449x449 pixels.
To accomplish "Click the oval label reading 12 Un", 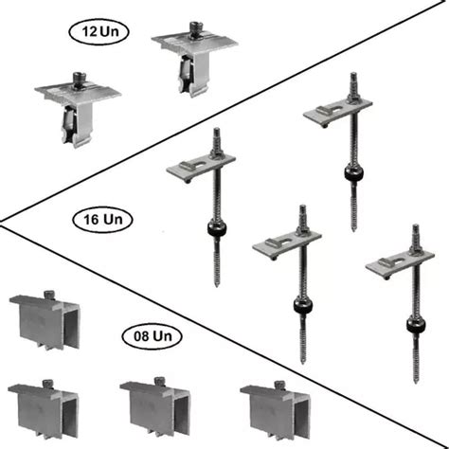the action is point(99,31).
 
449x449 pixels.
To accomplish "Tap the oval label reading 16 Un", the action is point(102,220).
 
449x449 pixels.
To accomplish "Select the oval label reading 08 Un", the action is point(152,336).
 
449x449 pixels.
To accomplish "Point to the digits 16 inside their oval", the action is point(91,220).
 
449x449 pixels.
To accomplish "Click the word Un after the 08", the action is point(162,336).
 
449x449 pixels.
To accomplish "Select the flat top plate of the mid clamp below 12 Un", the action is point(78,92).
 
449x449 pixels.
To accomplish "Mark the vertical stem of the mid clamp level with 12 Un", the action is point(193,74).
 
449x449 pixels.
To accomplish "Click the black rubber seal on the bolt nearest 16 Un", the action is point(217,229).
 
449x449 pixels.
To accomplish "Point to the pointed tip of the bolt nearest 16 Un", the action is point(217,285).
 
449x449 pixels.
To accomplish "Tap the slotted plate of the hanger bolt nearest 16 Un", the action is point(201,168).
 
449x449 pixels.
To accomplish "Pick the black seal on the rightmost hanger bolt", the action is point(416,325).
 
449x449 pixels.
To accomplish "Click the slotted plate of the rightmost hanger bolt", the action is point(400,264).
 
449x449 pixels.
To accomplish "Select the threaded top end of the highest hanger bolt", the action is point(353,82).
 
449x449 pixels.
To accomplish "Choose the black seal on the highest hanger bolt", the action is point(353,173).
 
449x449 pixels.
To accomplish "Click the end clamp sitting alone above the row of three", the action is point(45,320).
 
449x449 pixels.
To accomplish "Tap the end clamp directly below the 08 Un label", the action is point(155,408).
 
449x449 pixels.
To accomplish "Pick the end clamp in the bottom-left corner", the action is point(44,409).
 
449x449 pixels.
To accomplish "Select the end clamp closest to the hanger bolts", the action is point(276,410).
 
